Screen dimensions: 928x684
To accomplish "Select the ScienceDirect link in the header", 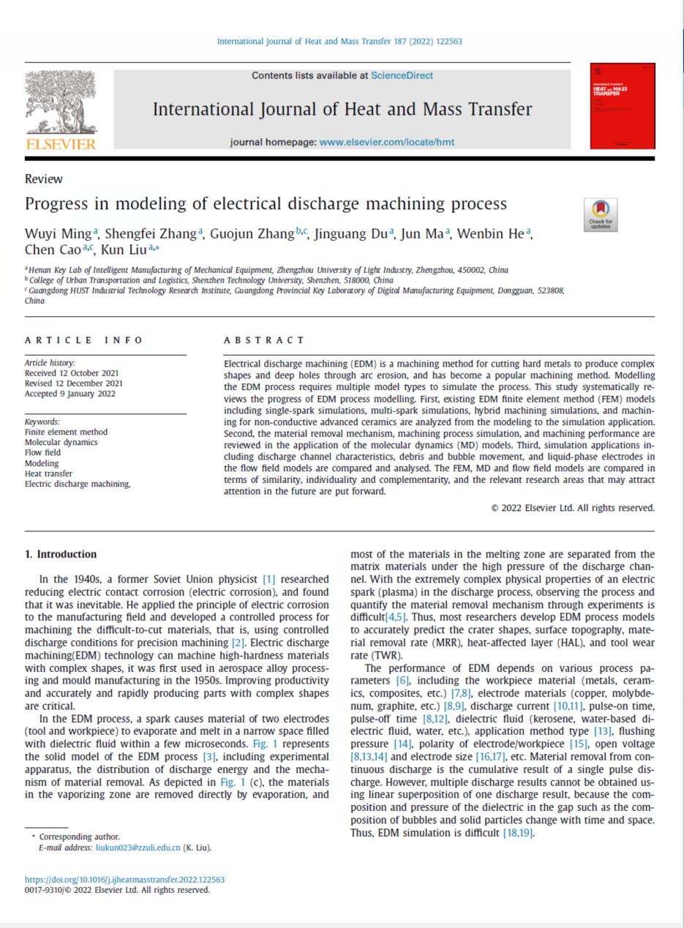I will click(x=402, y=75).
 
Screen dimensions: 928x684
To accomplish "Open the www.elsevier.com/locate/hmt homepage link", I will click(x=387, y=142).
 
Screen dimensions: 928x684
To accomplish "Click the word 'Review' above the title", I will click(x=44, y=179).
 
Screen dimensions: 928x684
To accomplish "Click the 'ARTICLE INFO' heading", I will click(x=83, y=340).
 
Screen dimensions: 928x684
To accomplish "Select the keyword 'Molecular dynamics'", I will click(x=61, y=442).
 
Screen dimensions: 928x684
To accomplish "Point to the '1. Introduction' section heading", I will click(x=61, y=554).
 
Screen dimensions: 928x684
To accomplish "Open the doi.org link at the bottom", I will click(x=124, y=880).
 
